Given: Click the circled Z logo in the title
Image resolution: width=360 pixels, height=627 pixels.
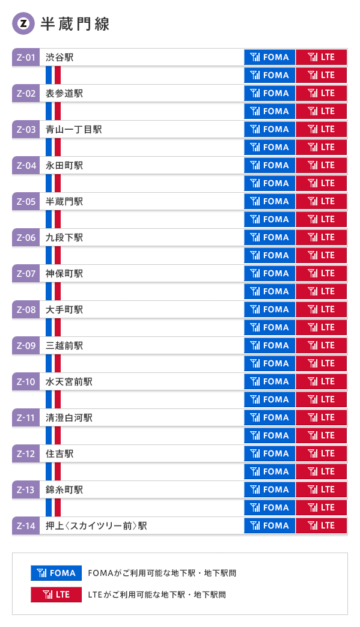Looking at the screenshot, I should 23,24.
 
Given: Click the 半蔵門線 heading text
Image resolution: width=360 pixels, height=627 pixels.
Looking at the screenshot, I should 75,24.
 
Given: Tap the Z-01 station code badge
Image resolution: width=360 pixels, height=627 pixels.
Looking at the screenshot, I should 26,58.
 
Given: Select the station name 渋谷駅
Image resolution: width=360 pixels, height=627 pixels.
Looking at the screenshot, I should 59,58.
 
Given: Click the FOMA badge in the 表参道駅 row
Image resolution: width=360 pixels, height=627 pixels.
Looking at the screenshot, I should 269,94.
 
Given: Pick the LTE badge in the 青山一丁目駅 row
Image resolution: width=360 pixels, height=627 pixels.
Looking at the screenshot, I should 321,130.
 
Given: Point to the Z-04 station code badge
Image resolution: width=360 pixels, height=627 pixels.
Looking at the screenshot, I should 26,166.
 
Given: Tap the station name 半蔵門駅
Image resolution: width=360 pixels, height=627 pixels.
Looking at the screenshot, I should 64,202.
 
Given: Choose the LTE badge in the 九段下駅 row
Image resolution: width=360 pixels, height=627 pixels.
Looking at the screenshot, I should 321,238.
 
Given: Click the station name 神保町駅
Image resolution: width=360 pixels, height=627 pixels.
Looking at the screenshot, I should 64,274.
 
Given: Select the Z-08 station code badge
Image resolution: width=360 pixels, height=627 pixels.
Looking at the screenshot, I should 26,310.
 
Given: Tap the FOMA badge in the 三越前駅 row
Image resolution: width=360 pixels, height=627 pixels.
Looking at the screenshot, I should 269,346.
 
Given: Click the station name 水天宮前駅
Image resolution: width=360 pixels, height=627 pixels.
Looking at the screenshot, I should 69,382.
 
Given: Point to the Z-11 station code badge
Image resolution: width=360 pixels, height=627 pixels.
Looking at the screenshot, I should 26,418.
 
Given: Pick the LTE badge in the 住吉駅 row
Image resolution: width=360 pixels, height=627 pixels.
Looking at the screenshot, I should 321,454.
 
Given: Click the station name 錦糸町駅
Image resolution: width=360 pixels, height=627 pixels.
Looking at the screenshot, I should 64,490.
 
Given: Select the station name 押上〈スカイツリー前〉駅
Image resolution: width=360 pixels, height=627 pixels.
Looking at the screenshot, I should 96,526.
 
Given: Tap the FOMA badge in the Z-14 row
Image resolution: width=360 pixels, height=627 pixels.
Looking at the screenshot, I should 269,526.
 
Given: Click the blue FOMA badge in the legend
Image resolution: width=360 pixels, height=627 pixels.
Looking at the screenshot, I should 56,573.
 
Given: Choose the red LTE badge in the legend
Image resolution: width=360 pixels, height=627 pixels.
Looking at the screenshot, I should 56,595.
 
